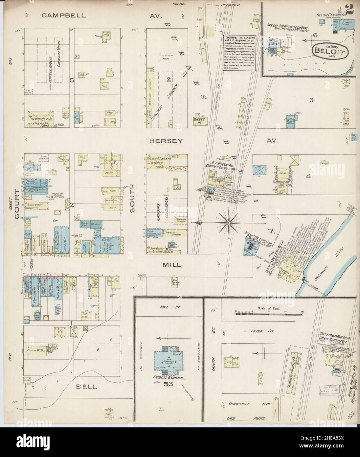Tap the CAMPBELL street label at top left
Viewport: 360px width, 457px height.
(x=64, y=15)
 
